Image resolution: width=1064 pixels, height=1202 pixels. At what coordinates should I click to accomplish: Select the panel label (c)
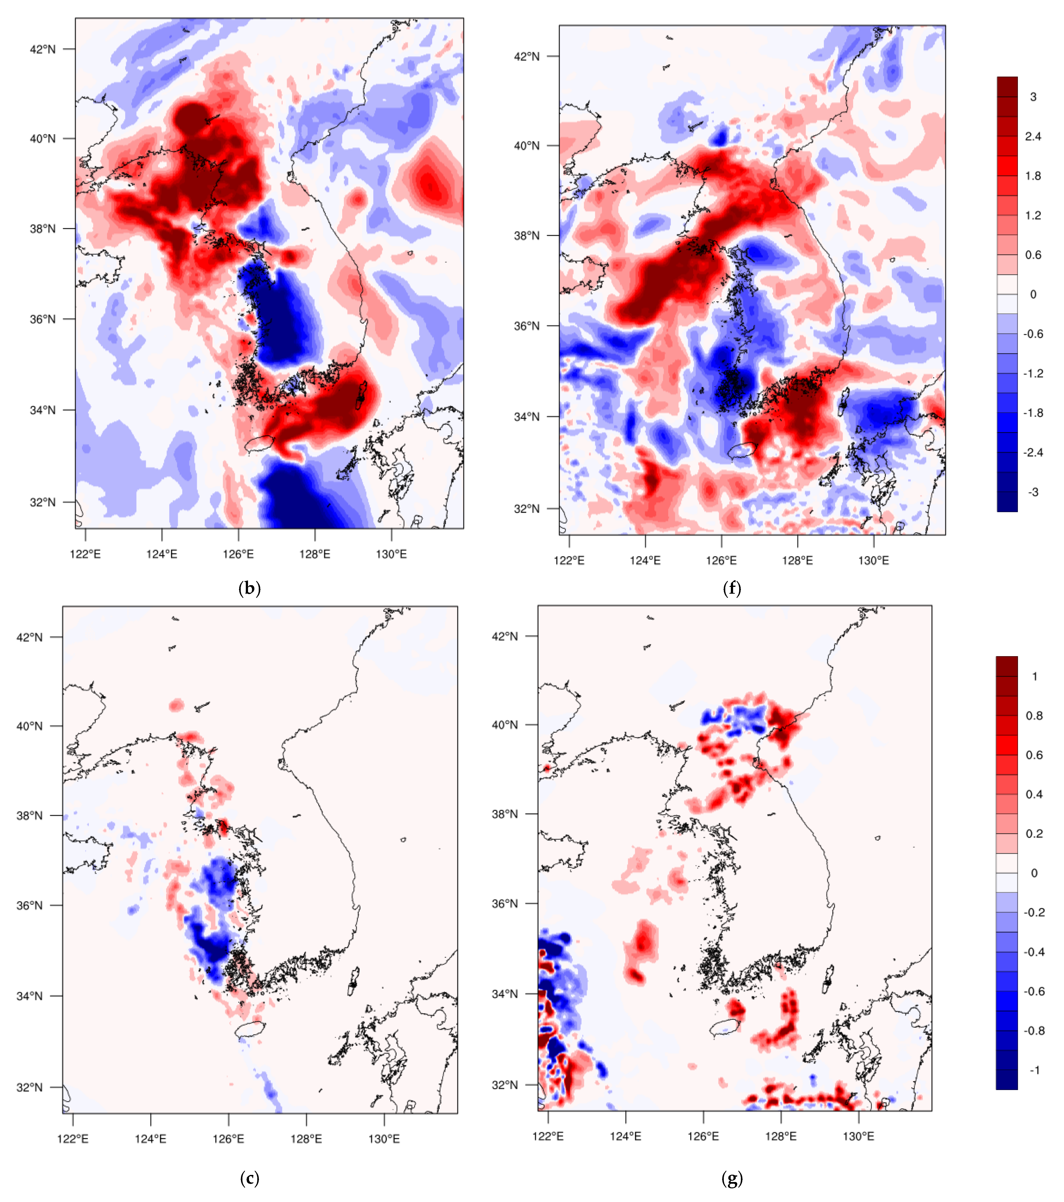point(249,1178)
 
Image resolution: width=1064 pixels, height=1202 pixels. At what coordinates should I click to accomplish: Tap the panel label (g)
point(731,1178)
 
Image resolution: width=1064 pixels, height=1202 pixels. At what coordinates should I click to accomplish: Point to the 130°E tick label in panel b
point(391,554)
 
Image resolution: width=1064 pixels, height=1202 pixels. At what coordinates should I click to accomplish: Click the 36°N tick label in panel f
point(527,326)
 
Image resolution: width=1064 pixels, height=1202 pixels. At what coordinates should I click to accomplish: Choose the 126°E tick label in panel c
point(228,1139)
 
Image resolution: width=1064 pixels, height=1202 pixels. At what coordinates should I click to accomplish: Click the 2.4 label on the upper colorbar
point(1033,136)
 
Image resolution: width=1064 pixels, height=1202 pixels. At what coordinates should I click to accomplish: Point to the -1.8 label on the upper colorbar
point(1033,413)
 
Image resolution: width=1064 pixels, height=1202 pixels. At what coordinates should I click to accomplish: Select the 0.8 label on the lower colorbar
point(1034,716)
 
